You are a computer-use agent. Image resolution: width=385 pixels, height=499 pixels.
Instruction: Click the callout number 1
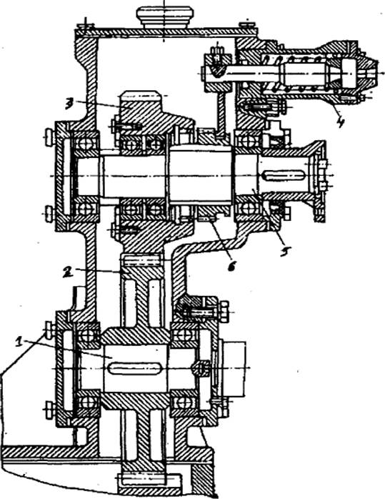[20, 342]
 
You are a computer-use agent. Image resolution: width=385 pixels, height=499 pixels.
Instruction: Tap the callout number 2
[67, 272]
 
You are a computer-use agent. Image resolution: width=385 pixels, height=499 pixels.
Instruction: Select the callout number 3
[69, 104]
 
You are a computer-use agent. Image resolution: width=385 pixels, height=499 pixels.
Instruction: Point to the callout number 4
[341, 122]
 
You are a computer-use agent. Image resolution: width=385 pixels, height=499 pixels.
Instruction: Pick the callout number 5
[284, 251]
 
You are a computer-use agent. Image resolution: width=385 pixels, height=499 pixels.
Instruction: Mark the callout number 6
[232, 265]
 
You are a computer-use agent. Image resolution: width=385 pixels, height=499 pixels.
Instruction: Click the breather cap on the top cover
[165, 17]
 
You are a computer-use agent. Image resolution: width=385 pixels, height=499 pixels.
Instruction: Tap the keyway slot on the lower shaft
[135, 369]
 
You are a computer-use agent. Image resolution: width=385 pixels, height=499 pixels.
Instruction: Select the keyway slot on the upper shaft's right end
[284, 175]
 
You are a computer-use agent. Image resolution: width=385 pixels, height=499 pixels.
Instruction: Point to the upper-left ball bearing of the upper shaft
[85, 144]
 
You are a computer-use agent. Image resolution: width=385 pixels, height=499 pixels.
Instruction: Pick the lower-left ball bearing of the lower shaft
[86, 402]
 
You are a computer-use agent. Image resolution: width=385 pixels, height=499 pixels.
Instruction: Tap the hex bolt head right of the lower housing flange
[224, 312]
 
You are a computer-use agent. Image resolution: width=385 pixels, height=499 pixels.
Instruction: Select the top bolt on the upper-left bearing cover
[49, 137]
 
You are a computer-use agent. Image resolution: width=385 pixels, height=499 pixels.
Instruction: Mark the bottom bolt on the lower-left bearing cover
[49, 410]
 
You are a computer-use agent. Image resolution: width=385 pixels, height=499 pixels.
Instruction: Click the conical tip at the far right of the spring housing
[368, 72]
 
